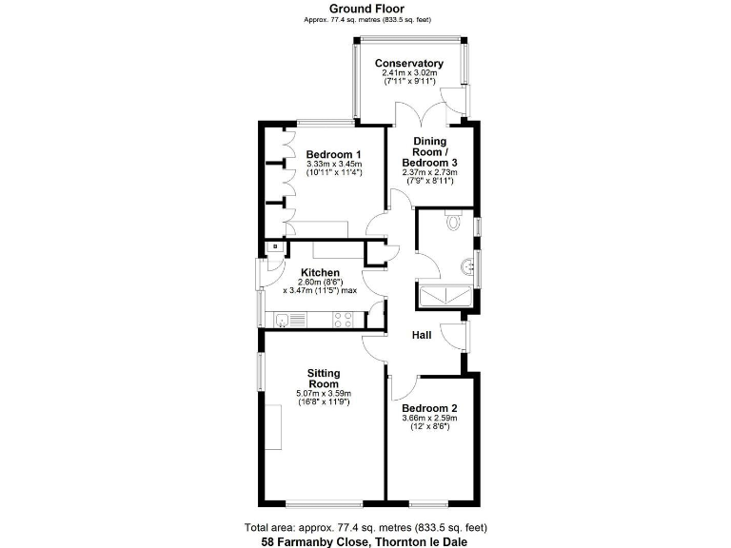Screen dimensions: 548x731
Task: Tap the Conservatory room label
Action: click(409, 64)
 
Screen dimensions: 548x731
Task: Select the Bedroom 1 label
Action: click(333, 154)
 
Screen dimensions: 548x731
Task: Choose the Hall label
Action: click(422, 335)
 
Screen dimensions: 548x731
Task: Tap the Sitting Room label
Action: click(323, 378)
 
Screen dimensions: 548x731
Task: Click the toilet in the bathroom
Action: click(452, 220)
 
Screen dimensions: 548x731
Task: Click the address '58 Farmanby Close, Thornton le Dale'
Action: click(365, 541)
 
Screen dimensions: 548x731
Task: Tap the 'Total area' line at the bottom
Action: click(365, 527)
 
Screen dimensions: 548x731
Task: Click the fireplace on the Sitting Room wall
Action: click(274, 427)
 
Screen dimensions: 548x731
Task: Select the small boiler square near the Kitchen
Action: click(274, 246)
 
